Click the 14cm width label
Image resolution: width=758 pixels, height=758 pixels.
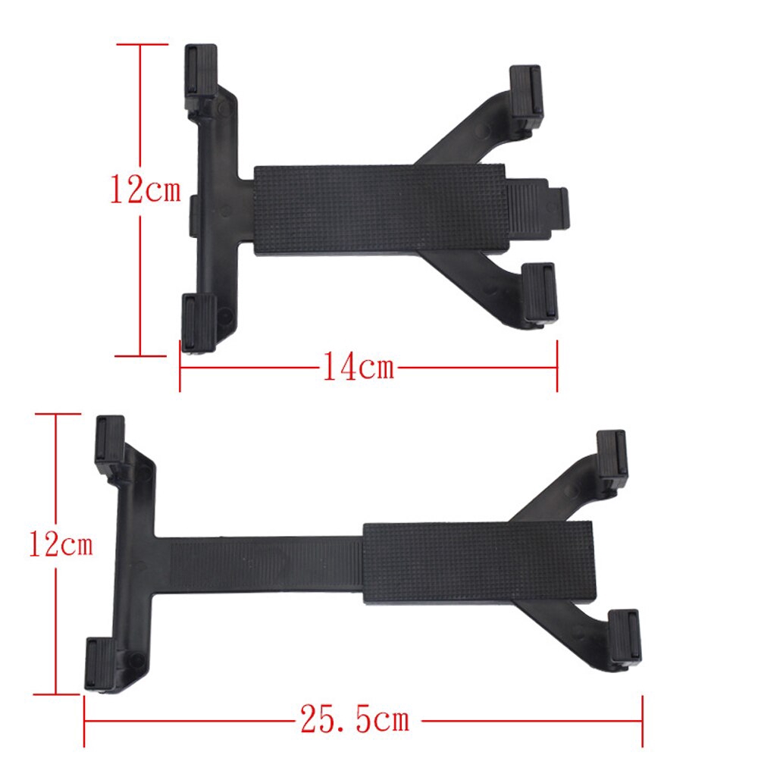click(x=359, y=366)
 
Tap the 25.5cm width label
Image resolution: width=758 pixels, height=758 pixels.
click(x=355, y=719)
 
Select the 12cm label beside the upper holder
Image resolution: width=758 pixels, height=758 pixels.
click(x=146, y=189)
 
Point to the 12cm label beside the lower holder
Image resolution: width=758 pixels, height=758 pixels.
click(x=61, y=543)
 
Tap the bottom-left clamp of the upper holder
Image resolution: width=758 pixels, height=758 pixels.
click(x=199, y=322)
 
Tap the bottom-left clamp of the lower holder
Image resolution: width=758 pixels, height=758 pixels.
click(x=101, y=664)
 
